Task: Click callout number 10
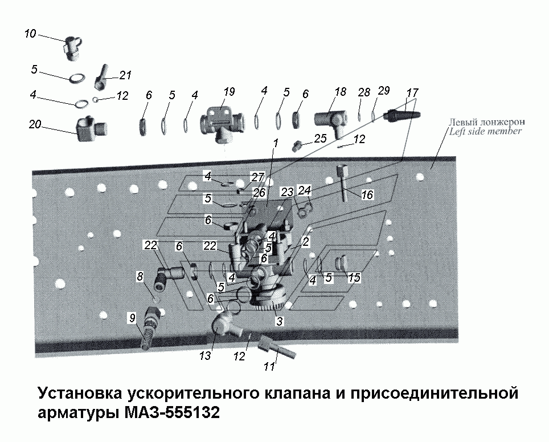pos(30,34)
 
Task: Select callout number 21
pos(125,75)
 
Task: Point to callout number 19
pos(228,91)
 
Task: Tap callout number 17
pos(412,92)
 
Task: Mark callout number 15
pos(354,278)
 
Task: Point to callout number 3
pos(279,321)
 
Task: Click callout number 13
pos(206,356)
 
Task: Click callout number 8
pos(140,275)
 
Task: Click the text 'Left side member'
pos(485,131)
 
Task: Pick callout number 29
pos(384,91)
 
